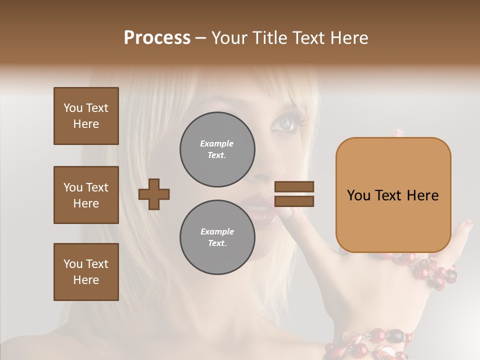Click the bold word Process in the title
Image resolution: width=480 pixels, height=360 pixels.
coord(157,38)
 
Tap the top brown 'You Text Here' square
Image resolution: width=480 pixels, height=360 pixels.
coord(86,116)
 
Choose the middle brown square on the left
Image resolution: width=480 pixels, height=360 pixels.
coord(86,195)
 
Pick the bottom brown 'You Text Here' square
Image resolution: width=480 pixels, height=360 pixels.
coord(86,272)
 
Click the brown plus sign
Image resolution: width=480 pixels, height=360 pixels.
coord(154,194)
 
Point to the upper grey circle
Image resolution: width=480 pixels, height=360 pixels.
coord(217,149)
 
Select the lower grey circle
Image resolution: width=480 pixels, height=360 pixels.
coord(217,237)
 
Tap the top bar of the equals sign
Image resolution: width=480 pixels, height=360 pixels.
coord(294,186)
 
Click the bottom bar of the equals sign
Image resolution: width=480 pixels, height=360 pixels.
coord(294,201)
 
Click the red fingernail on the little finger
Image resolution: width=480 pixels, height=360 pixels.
coord(468,224)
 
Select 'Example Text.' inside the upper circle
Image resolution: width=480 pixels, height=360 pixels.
coord(217,149)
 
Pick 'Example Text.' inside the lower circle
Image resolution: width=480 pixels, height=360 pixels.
coord(217,237)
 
